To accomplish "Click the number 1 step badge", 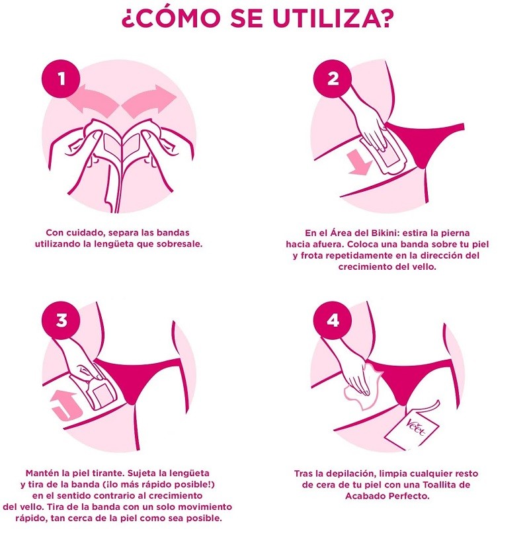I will pyautogui.click(x=61, y=79).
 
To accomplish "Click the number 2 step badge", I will pyautogui.click(x=333, y=79).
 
